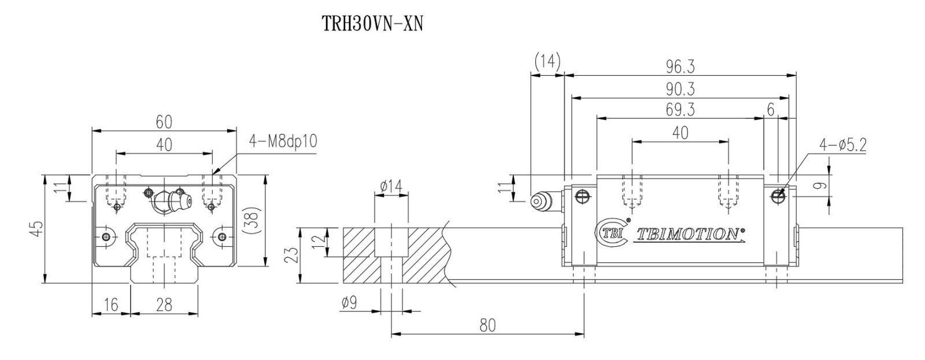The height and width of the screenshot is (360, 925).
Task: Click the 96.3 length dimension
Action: click(x=680, y=67)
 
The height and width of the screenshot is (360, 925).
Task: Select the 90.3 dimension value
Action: click(x=680, y=89)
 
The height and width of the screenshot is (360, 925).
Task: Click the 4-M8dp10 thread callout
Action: click(x=283, y=141)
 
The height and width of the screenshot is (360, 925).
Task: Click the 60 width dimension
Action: click(x=164, y=122)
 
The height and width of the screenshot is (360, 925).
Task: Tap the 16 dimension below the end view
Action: click(x=111, y=305)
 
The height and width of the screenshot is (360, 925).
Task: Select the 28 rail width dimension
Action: click(x=164, y=305)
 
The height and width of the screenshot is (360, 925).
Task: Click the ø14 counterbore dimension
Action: click(x=391, y=186)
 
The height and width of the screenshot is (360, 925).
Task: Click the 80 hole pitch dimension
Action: click(x=487, y=325)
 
